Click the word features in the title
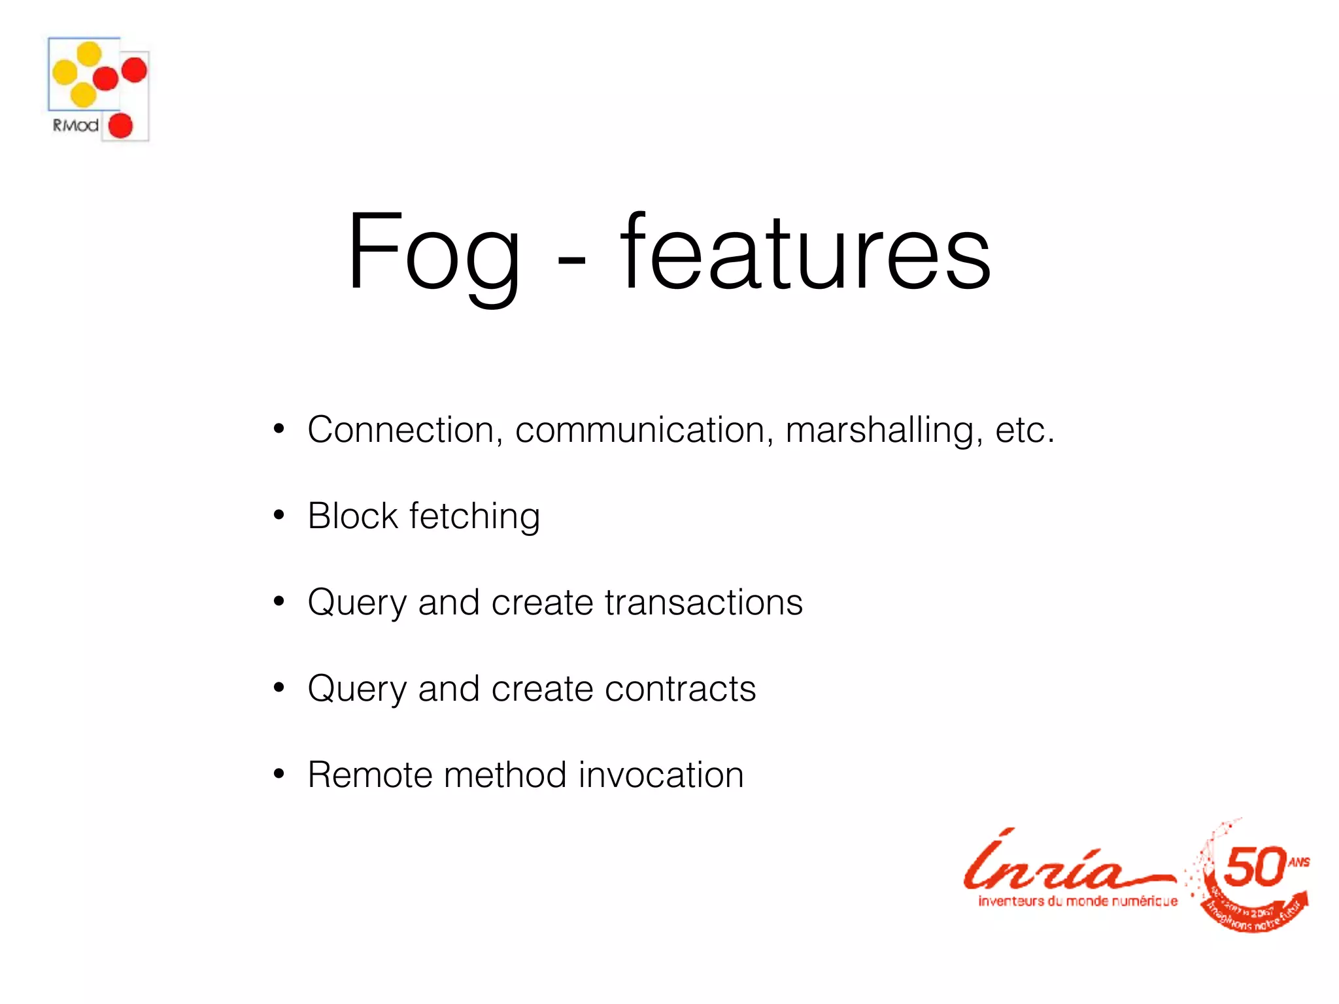[x=805, y=252]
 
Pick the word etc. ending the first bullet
[x=1025, y=430]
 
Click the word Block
[x=352, y=516]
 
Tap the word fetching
[x=475, y=517]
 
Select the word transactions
[x=703, y=602]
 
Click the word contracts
[x=680, y=688]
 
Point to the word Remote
[x=369, y=775]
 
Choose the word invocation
[x=661, y=775]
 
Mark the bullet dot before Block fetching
[x=279, y=516]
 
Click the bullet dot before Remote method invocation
[x=279, y=775]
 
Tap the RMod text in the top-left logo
[x=76, y=125]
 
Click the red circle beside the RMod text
[x=120, y=125]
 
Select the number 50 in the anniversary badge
[x=1253, y=867]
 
